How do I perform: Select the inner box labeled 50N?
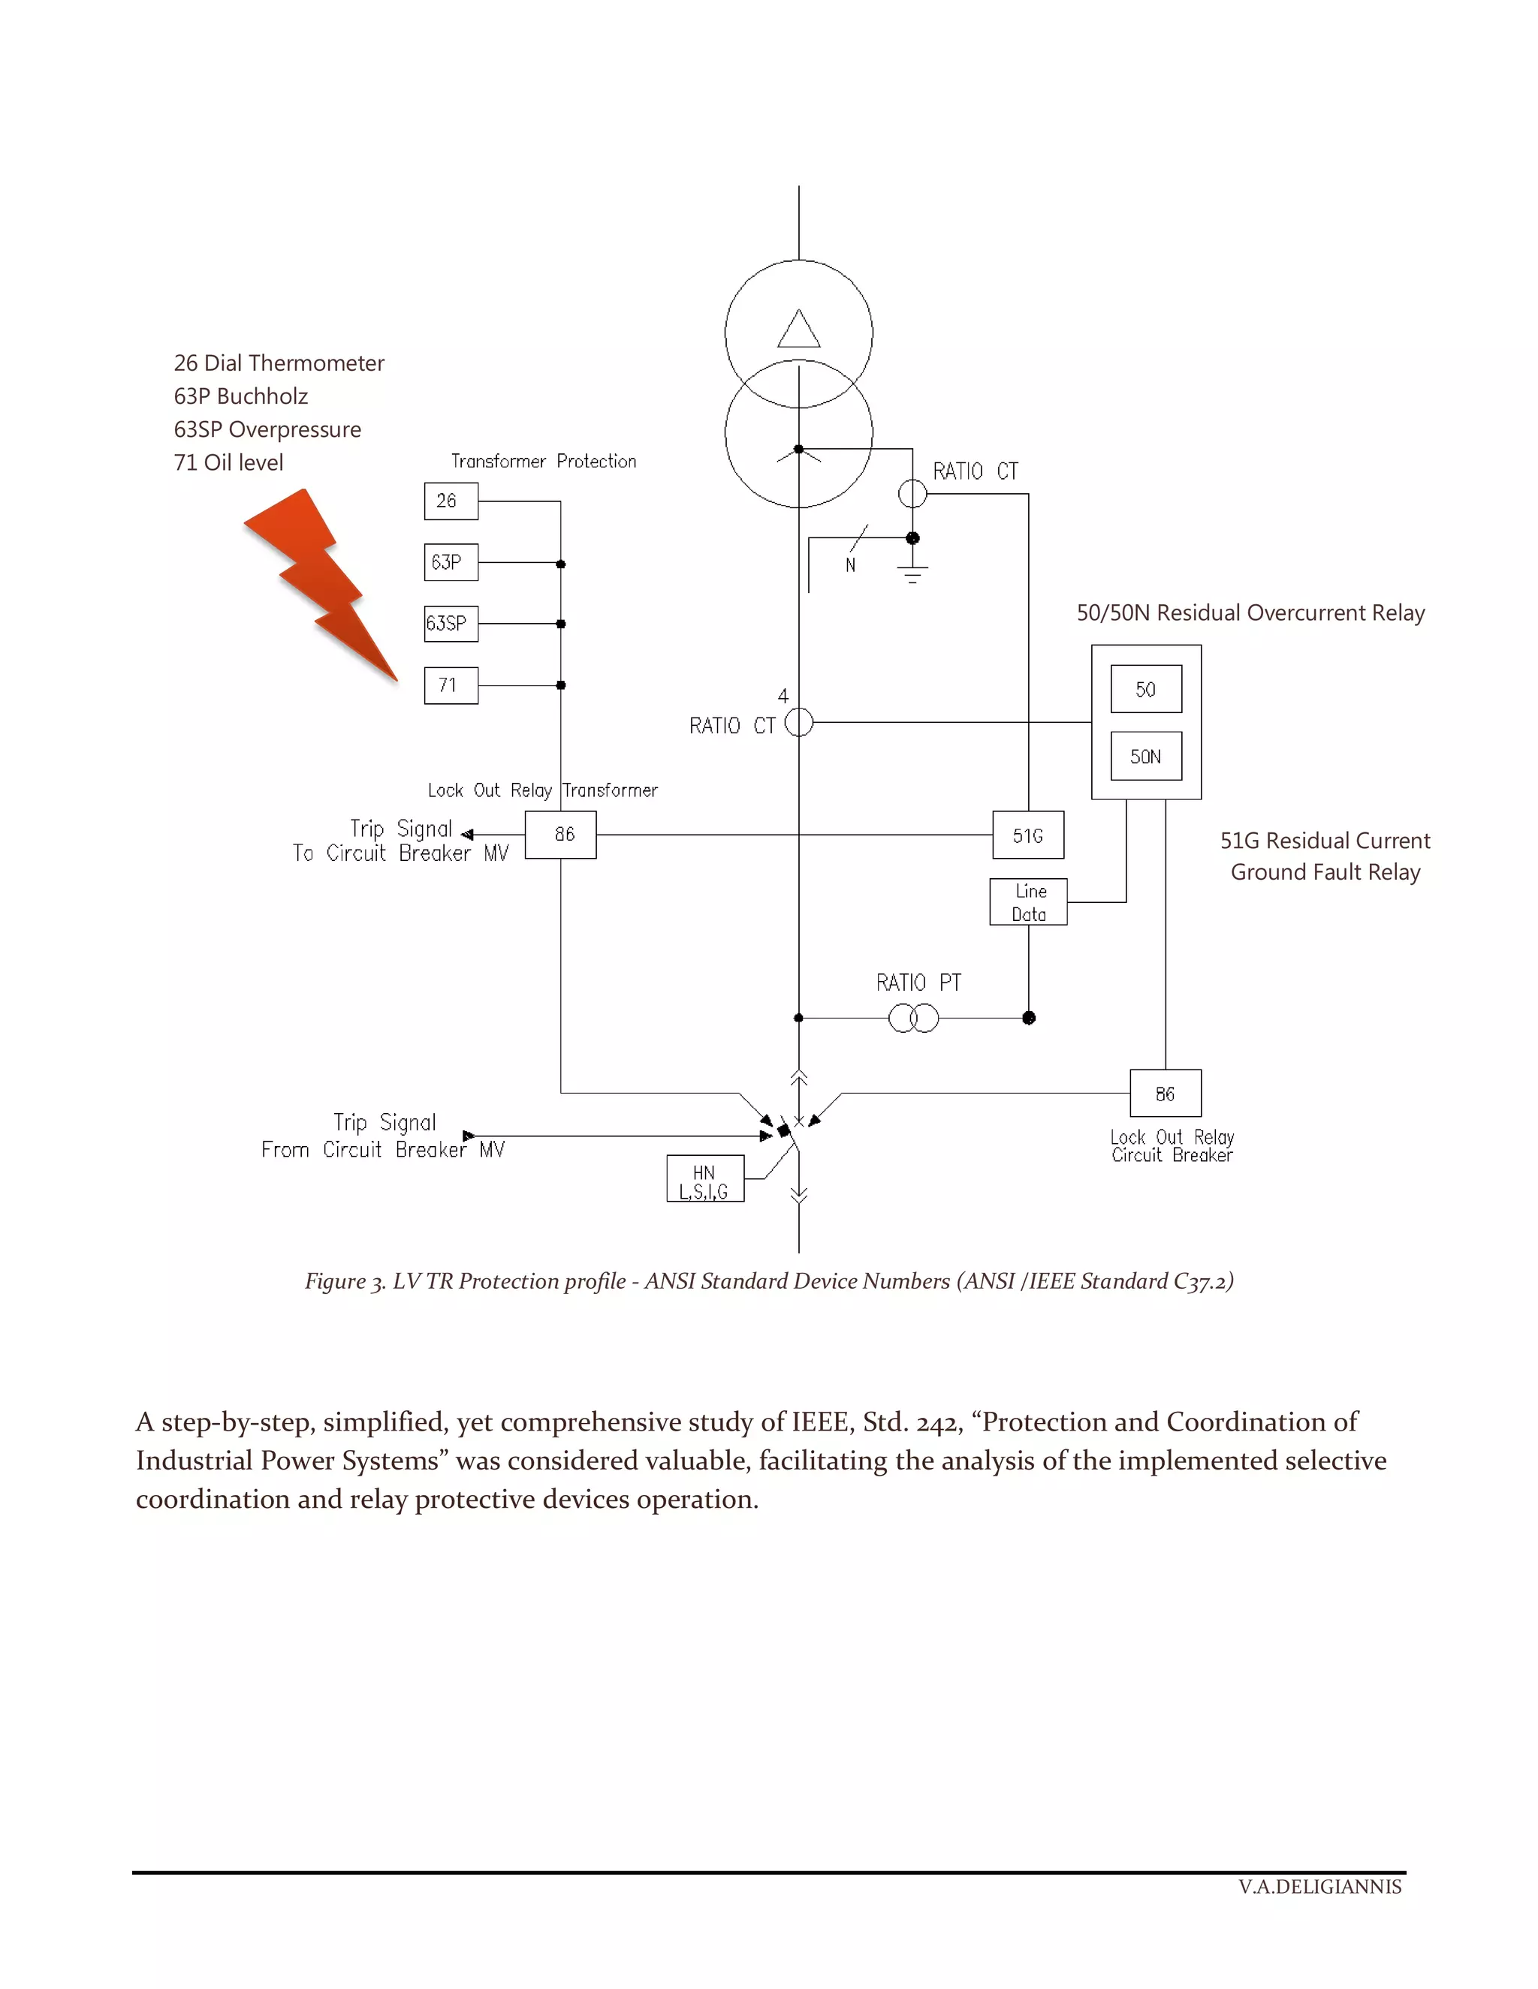pos(1145,756)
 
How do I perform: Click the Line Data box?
pos(1028,901)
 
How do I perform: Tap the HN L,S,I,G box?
pos(704,1178)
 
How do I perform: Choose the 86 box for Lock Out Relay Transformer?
pos(560,834)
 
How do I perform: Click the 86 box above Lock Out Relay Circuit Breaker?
pos(1165,1093)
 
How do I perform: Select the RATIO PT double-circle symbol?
pos(913,1017)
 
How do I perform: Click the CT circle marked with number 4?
pos(798,722)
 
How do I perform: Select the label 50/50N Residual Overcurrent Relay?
pos(1250,613)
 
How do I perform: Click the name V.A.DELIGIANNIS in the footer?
pos(1319,1886)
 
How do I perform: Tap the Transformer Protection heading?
pos(543,461)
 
